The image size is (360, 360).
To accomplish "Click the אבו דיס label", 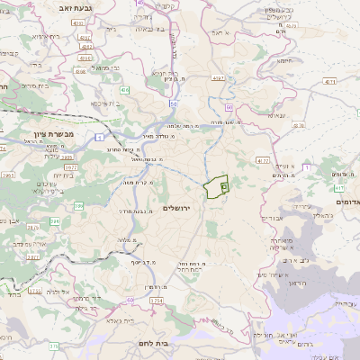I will click(x=271, y=218).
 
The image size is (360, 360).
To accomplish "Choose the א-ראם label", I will click(x=221, y=31).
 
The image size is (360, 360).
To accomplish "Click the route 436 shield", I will click(x=125, y=91).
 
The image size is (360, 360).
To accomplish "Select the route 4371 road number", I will click(x=329, y=81).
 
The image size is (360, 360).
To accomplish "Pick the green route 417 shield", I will click(x=337, y=189).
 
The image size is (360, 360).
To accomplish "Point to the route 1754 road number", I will click(x=156, y=300).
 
